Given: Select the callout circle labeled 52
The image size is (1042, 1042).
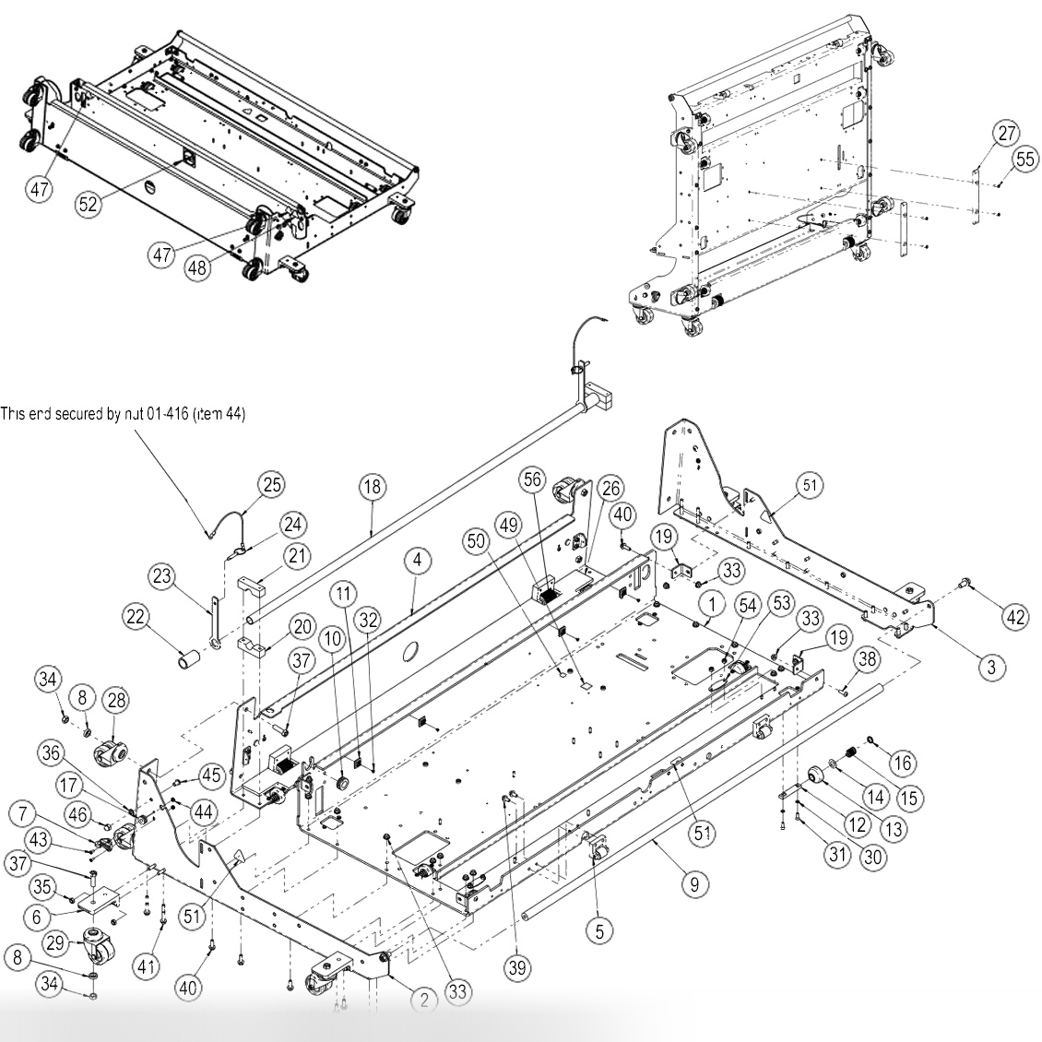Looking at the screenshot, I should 88,205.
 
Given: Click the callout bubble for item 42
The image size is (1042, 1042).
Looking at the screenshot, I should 1015,619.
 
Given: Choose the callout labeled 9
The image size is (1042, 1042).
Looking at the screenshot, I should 694,884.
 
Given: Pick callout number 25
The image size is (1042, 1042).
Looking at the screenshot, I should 272,483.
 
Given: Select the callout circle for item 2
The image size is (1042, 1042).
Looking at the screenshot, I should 423,998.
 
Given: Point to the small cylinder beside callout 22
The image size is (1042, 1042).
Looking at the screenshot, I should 190,660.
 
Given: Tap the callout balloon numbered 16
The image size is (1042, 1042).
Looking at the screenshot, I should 901,762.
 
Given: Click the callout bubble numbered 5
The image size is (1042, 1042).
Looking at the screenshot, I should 599,931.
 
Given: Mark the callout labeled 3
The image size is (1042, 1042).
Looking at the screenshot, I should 991,668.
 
